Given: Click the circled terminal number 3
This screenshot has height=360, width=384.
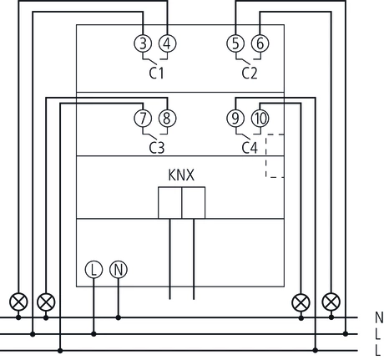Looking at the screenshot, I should pyautogui.click(x=143, y=44).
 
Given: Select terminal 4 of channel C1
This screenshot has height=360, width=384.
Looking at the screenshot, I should pyautogui.click(x=167, y=44).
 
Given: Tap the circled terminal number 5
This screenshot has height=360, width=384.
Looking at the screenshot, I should pyautogui.click(x=235, y=44).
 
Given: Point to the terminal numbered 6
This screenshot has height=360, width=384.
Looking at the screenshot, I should pyautogui.click(x=260, y=44).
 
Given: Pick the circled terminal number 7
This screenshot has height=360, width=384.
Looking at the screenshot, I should pyautogui.click(x=143, y=118).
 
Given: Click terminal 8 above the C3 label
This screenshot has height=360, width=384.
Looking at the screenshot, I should pyautogui.click(x=167, y=118).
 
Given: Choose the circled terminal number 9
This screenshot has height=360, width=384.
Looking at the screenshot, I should pyautogui.click(x=235, y=118).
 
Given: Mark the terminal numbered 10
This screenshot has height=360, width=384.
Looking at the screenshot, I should pyautogui.click(x=260, y=118).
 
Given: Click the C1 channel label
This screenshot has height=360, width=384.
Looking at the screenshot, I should pyautogui.click(x=156, y=73).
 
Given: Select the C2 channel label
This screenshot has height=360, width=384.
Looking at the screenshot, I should pyautogui.click(x=249, y=73).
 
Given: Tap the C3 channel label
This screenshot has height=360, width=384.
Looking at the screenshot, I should pyautogui.click(x=156, y=147).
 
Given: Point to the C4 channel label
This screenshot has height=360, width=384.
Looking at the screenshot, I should pyautogui.click(x=249, y=147).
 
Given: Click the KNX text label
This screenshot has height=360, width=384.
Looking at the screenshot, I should pyautogui.click(x=181, y=176).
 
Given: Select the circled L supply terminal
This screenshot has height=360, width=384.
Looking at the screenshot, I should pyautogui.click(x=93, y=270).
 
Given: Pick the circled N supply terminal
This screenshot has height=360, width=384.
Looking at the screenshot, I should pyautogui.click(x=119, y=270).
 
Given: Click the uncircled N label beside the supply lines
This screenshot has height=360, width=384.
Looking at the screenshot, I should pyautogui.click(x=377, y=317).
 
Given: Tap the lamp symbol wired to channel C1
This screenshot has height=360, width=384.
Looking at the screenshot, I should pyautogui.click(x=18, y=301).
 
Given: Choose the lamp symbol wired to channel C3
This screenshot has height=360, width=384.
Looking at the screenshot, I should pyautogui.click(x=48, y=301).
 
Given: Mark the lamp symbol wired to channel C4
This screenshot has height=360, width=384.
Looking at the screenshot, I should pyautogui.click(x=301, y=301).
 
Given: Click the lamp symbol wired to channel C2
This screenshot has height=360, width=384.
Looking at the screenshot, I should pyautogui.click(x=331, y=301).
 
